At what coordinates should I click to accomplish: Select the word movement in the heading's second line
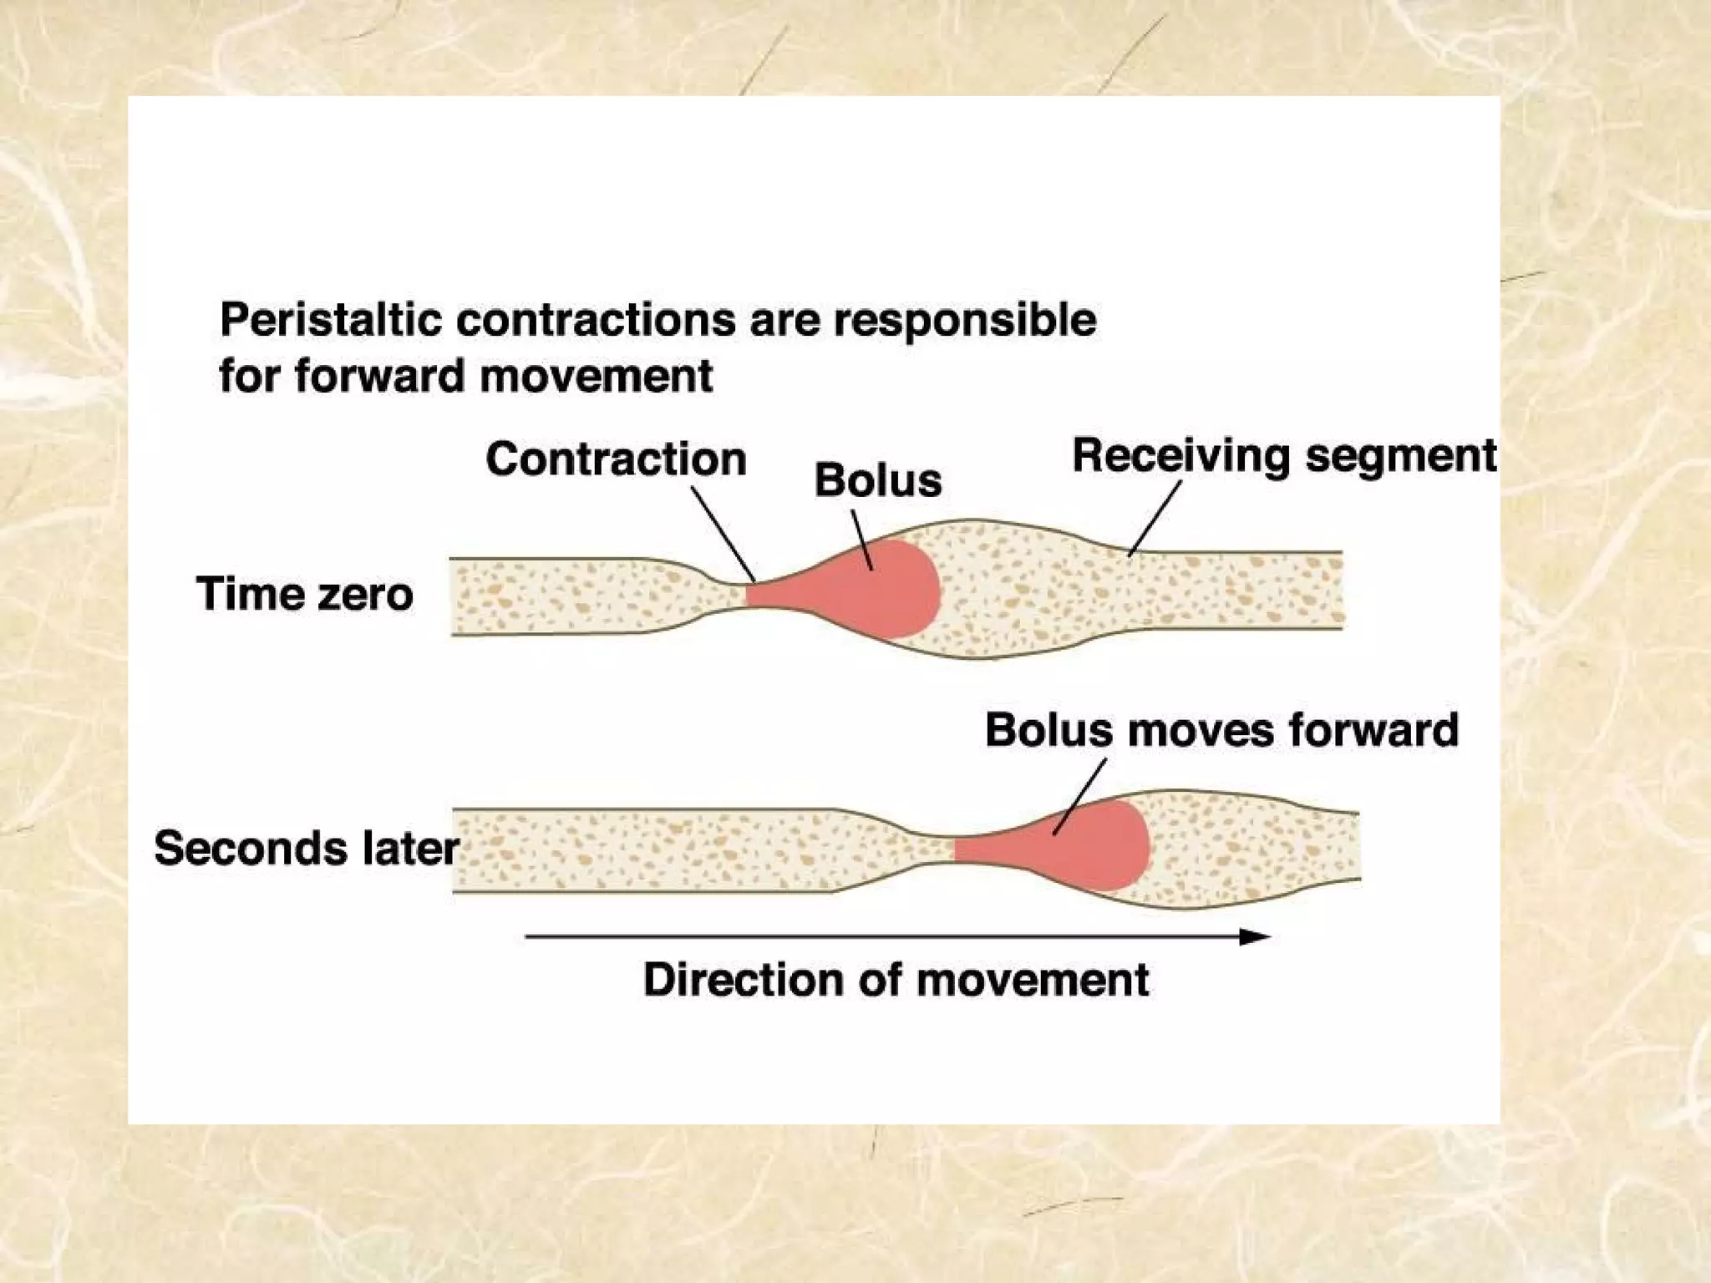[597, 375]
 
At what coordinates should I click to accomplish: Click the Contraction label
[616, 459]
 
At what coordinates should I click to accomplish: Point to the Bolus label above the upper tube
[878, 480]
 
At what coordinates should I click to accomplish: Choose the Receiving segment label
[1284, 456]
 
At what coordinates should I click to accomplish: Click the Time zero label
[304, 594]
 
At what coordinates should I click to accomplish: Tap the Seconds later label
[306, 848]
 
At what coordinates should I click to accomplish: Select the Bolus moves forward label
[1221, 729]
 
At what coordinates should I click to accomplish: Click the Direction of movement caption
[896, 979]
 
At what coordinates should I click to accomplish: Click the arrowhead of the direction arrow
[1255, 937]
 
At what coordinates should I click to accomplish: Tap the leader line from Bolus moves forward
[1080, 796]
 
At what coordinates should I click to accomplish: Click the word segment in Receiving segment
[1401, 456]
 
